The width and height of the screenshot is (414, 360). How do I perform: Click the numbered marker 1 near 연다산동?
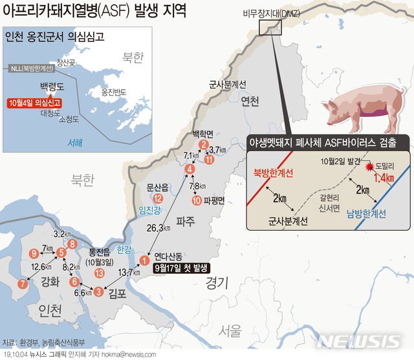click(144, 260)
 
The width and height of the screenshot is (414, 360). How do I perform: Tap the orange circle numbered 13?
click(99, 273)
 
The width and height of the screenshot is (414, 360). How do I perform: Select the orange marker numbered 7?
click(23, 283)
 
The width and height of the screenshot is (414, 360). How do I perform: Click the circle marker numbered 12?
click(158, 198)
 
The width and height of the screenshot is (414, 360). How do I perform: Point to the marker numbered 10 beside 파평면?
click(197, 200)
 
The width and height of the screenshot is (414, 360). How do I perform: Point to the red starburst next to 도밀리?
click(370, 167)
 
